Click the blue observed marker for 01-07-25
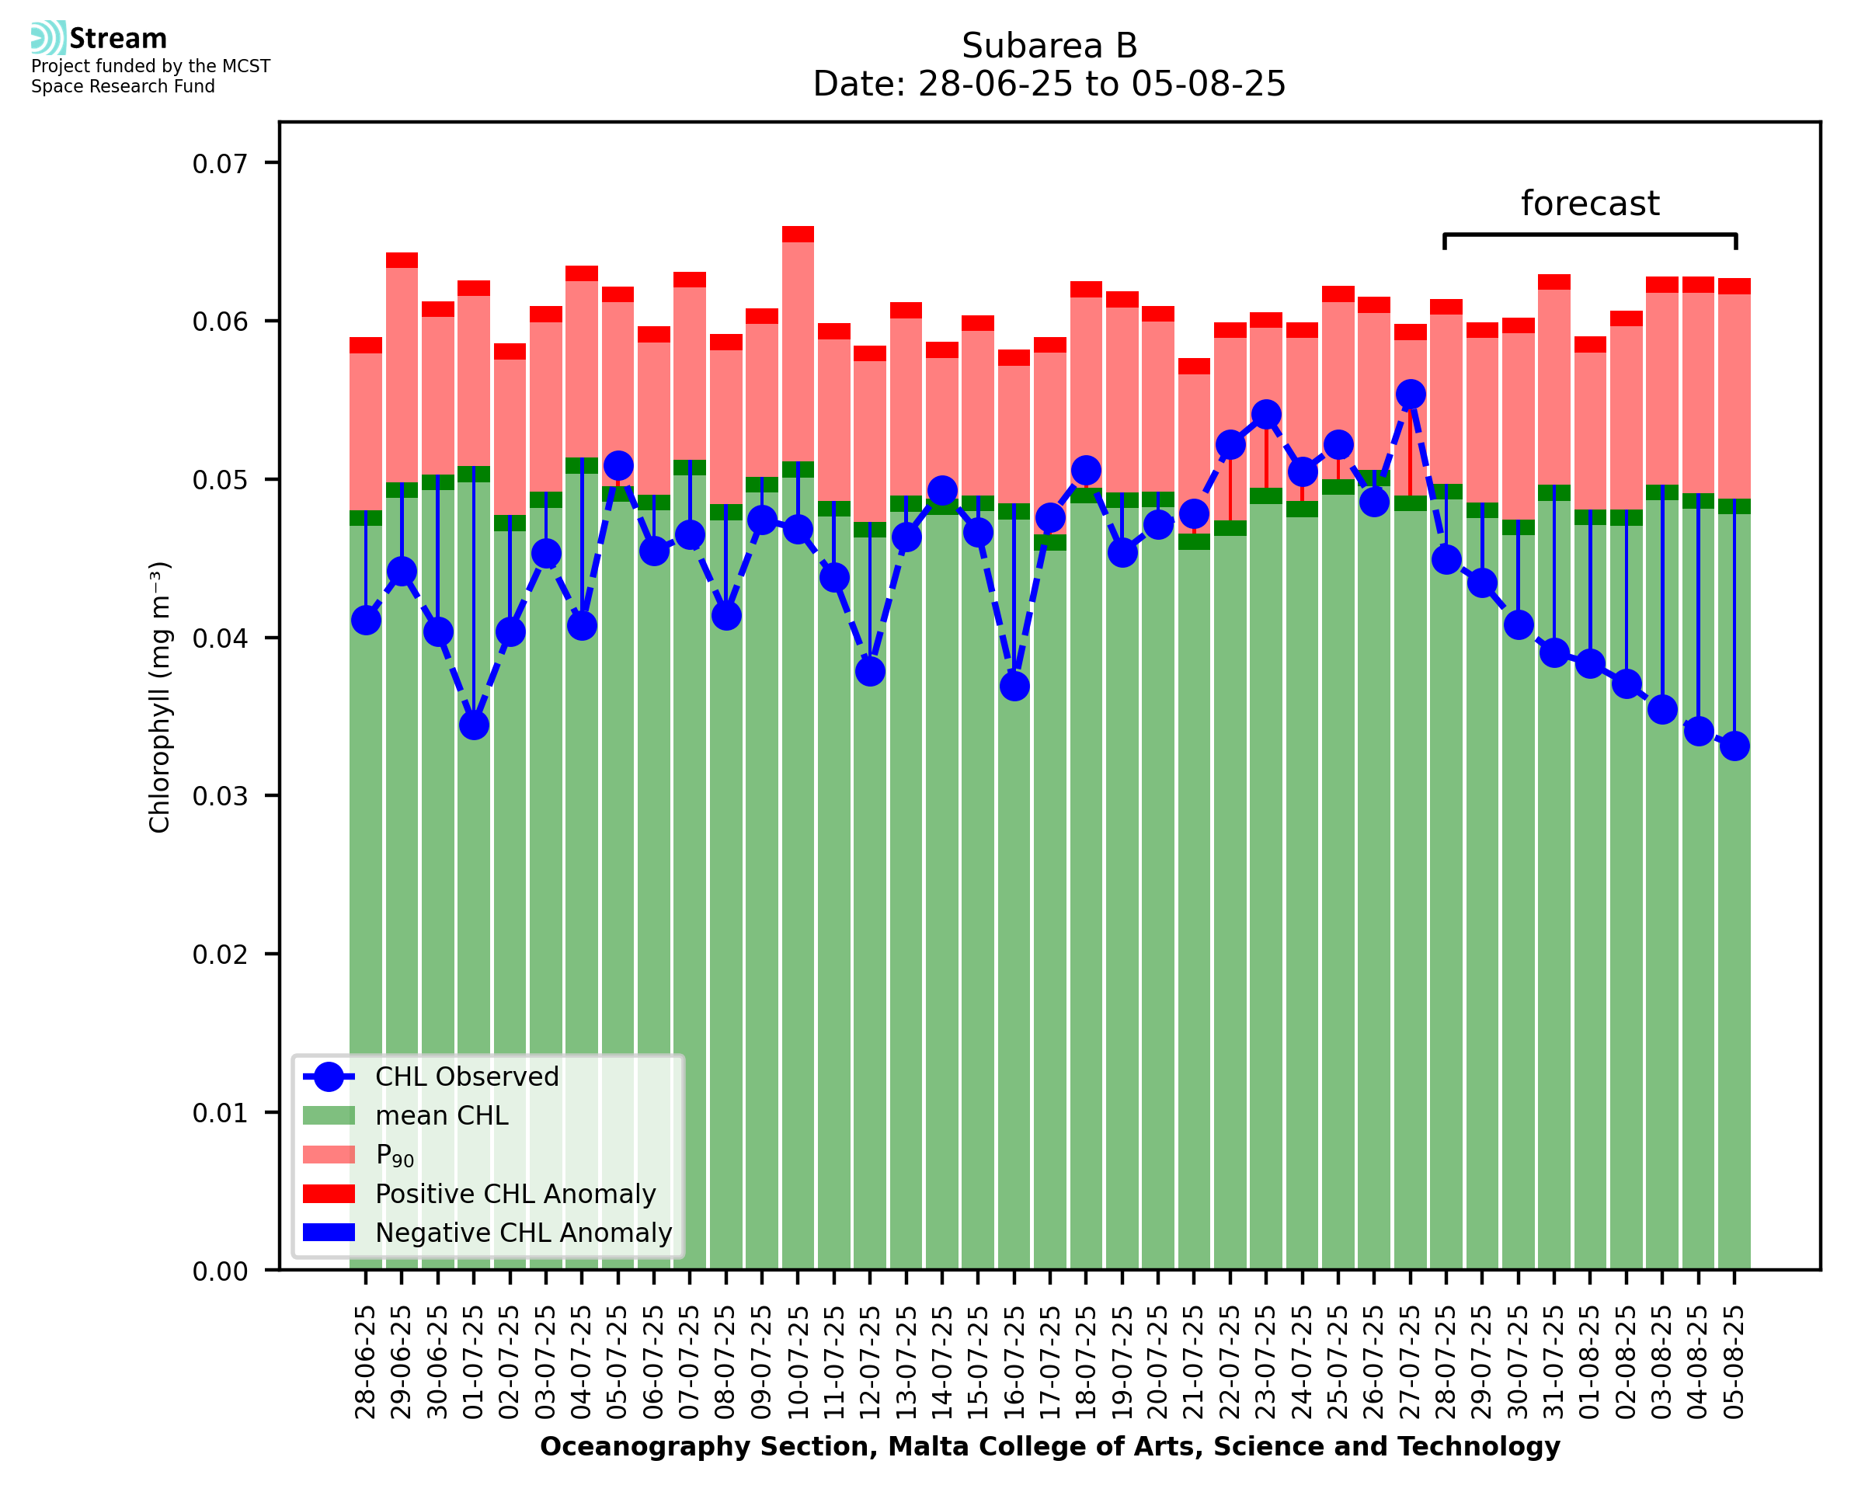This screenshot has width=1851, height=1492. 474,725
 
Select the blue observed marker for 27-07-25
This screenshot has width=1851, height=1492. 1410,394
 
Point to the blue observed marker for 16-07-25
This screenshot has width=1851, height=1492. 1014,686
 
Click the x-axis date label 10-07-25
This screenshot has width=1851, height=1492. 799,1362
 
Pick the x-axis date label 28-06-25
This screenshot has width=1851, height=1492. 366,1362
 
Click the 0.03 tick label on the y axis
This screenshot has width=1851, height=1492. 220,796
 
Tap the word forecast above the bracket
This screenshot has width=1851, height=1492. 1590,203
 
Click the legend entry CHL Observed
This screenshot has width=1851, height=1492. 467,1076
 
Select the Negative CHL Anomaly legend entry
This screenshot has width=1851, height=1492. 523,1233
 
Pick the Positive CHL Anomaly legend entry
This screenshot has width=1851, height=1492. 515,1194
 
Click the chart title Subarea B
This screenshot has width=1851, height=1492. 1049,46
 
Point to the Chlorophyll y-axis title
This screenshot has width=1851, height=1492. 160,696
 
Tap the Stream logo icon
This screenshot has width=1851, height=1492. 48,38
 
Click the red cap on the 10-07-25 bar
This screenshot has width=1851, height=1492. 799,235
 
